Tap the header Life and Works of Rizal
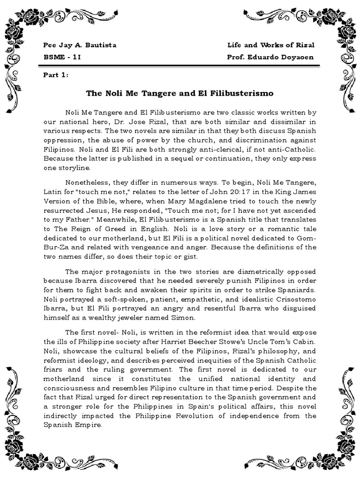(x=270, y=45)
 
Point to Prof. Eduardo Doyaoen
(x=270, y=57)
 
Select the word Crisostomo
(x=295, y=298)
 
